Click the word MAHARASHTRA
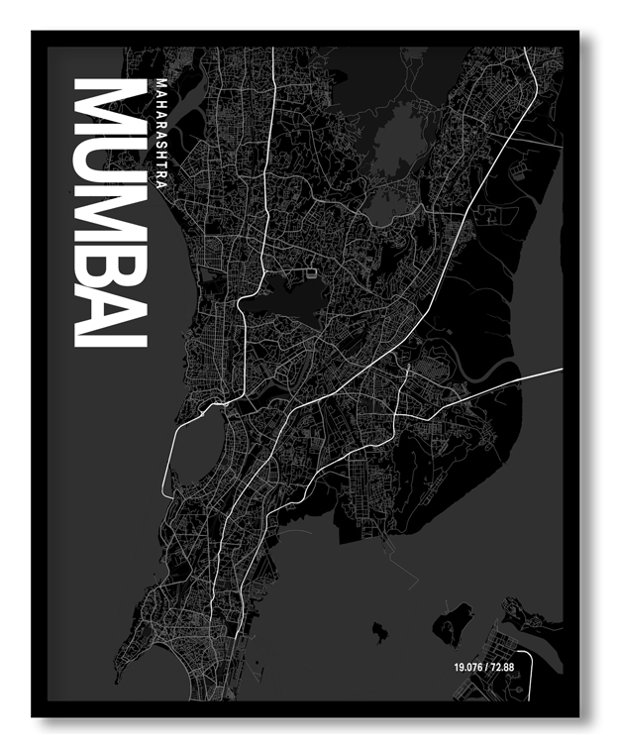click(161, 129)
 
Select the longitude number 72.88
click(501, 668)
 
